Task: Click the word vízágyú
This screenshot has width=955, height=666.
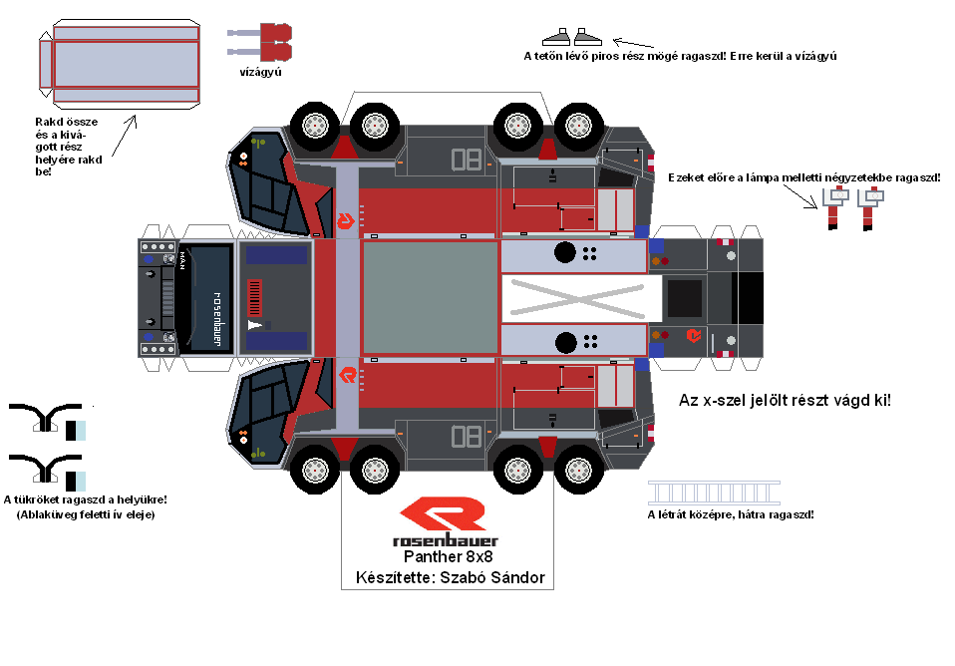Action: click(x=259, y=72)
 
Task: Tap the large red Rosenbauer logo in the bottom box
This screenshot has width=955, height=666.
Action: click(x=443, y=515)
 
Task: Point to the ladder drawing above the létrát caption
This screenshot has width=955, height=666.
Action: click(x=714, y=493)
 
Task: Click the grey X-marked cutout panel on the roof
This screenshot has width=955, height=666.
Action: click(x=580, y=296)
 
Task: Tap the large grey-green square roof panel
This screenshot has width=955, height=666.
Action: click(x=430, y=297)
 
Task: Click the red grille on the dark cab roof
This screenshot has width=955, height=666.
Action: click(x=255, y=296)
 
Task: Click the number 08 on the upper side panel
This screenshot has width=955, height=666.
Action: click(x=466, y=160)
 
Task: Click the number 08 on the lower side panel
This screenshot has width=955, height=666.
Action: click(x=466, y=436)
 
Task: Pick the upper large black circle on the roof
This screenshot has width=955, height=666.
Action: click(x=564, y=252)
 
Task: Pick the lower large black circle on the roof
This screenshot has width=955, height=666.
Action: click(x=564, y=343)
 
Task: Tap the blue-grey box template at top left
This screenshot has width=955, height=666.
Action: click(x=126, y=64)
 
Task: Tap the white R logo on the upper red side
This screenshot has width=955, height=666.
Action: click(x=347, y=219)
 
